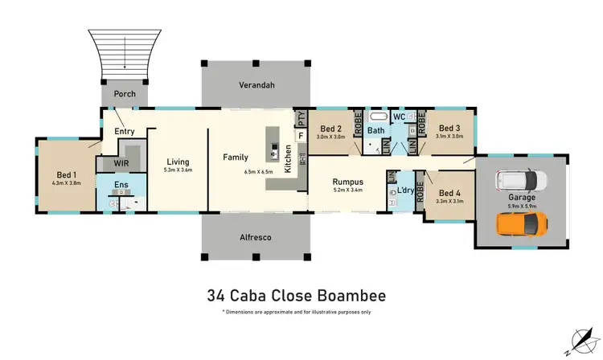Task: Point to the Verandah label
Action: coord(252,85)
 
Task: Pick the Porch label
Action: coord(125,94)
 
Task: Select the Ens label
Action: coord(121,186)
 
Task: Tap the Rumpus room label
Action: coord(348,182)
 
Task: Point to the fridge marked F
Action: coord(300,137)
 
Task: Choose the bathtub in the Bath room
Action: coord(377,117)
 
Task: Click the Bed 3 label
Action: coord(448,128)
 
